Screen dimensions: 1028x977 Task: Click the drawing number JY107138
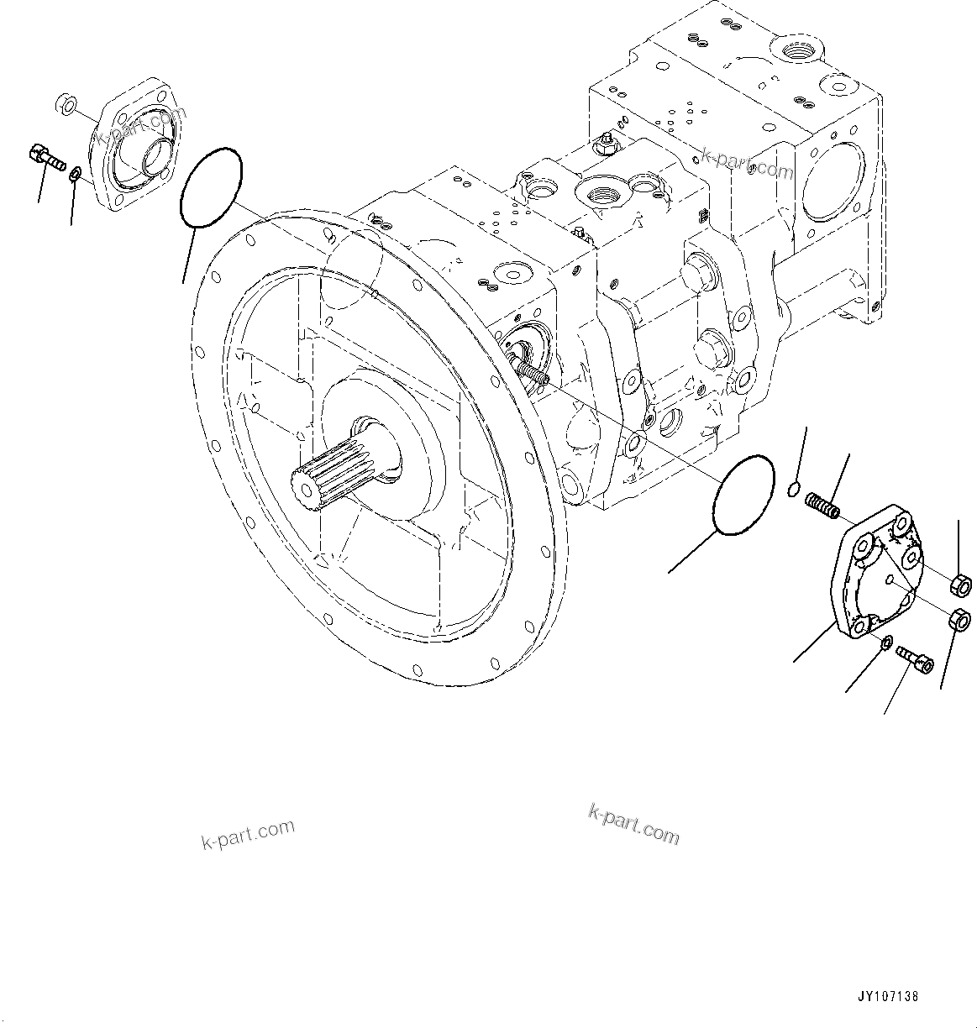(x=888, y=997)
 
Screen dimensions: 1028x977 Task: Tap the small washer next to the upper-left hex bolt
(x=75, y=174)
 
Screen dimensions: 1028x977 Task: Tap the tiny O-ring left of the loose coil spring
(x=794, y=489)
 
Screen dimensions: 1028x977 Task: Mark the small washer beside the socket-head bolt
(x=887, y=642)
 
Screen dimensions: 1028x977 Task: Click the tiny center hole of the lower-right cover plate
(x=888, y=582)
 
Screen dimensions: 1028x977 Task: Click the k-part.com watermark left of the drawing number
(x=633, y=823)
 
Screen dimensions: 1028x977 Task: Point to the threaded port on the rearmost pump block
(x=795, y=55)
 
